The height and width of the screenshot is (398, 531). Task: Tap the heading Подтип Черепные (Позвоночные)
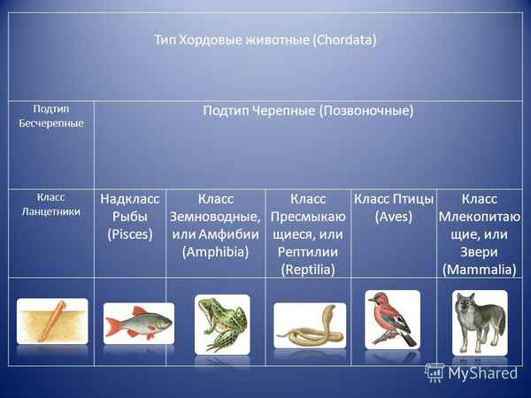pos(308,111)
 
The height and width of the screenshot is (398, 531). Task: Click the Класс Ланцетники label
pos(51,204)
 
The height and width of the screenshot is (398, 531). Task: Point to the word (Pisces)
pos(130,234)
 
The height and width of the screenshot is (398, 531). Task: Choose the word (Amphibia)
pos(215,252)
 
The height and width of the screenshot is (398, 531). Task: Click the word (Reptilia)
pos(308,270)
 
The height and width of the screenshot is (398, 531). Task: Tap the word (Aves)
pos(394,217)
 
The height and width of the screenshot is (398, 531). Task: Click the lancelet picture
pos(52,320)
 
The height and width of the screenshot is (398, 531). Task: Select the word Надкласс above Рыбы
pos(130,199)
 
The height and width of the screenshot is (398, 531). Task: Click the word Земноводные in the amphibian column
pos(215,217)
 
